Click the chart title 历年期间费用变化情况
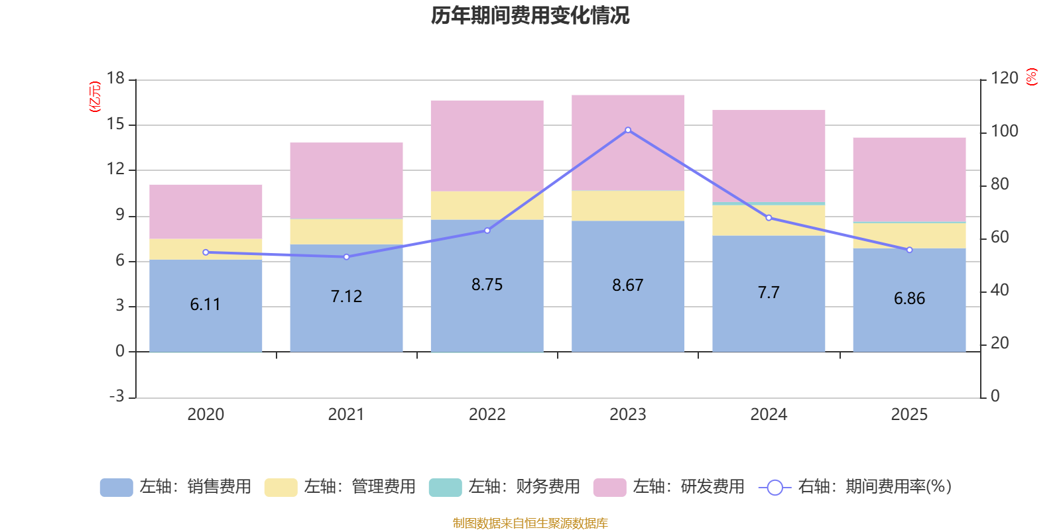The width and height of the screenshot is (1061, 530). tap(530, 15)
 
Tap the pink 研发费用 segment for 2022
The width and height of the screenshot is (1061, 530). tap(487, 146)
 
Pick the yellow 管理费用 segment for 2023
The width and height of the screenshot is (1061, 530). tap(628, 206)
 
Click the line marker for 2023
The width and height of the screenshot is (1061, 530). tap(628, 130)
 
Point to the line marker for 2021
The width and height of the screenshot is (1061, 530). tap(346, 256)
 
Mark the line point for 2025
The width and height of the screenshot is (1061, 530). tap(909, 250)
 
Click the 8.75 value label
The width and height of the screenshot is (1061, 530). tap(487, 285)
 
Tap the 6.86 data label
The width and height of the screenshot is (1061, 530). tap(909, 299)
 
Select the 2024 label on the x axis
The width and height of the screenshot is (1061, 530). tap(769, 415)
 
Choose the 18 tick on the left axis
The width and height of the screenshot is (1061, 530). tap(115, 79)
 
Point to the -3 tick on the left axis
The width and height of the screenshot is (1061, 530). tap(117, 396)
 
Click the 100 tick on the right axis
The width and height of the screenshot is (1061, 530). tap(1004, 131)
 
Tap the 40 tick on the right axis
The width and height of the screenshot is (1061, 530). tap(999, 290)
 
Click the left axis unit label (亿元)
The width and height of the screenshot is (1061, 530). tap(95, 97)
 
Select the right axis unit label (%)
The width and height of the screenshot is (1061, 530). tap(1032, 78)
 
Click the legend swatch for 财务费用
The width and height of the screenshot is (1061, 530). tap(445, 488)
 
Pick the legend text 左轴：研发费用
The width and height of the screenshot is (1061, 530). tap(688, 487)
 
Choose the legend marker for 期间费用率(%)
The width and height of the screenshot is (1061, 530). tap(775, 488)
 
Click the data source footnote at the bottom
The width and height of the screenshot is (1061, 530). tap(530, 523)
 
